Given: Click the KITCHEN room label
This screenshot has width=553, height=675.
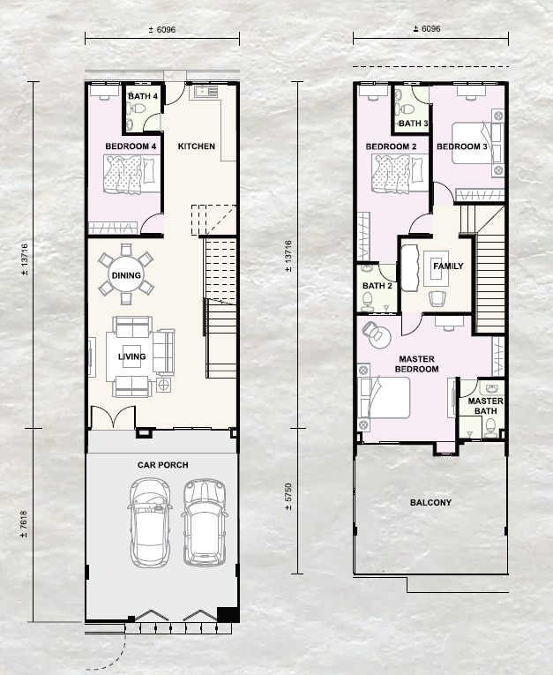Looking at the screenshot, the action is click(x=196, y=146).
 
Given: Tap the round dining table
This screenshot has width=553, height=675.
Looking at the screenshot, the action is click(x=126, y=274).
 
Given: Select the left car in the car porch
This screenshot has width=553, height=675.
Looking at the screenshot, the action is click(x=150, y=522).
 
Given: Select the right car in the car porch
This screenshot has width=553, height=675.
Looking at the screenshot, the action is click(x=205, y=522).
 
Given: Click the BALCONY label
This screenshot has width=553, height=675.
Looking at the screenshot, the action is click(x=430, y=502).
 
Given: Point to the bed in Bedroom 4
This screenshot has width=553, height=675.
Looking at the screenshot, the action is click(x=131, y=175).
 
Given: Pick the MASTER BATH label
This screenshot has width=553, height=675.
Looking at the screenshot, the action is click(x=485, y=406).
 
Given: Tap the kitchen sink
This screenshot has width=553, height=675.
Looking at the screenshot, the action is click(x=206, y=92).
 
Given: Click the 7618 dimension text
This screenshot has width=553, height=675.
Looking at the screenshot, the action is click(x=24, y=524).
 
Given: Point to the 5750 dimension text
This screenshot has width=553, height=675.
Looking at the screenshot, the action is click(x=288, y=497).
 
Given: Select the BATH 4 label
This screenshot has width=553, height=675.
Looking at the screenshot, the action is click(x=143, y=96).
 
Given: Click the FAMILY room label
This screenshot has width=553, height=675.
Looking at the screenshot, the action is click(x=448, y=266).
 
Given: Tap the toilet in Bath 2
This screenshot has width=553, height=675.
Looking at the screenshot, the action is click(x=368, y=302).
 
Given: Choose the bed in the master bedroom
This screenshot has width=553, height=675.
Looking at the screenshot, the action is click(x=384, y=398).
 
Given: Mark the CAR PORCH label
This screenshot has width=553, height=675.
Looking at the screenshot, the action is click(x=162, y=465).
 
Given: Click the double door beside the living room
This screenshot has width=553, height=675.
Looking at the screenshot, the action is click(x=113, y=417).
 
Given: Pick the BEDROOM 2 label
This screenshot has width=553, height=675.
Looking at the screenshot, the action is click(x=392, y=146).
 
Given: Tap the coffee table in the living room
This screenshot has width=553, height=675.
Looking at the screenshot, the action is click(x=131, y=356).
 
